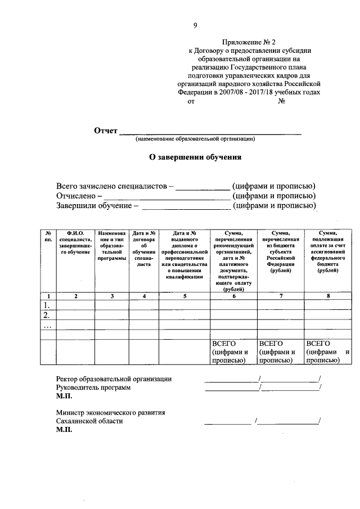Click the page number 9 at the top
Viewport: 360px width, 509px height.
[x=195, y=25]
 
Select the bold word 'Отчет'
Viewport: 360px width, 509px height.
[x=106, y=131]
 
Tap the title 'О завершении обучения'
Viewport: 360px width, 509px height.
[x=195, y=157]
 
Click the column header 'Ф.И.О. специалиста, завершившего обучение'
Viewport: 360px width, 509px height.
[x=75, y=242]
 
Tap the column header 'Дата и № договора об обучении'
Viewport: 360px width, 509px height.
[x=145, y=247]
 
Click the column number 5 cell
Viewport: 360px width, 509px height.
[x=184, y=296]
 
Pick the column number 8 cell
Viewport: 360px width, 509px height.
[x=327, y=296]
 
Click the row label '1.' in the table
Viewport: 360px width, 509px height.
[x=49, y=305]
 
